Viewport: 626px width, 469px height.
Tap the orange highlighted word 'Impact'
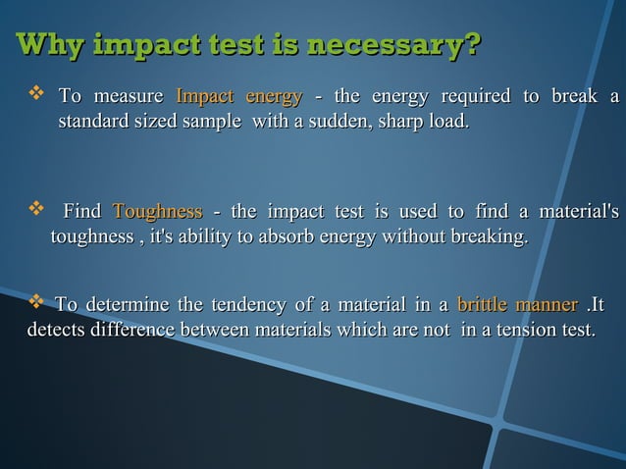click(x=204, y=96)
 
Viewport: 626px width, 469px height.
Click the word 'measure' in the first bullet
click(x=128, y=96)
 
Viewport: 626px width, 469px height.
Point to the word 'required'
click(x=476, y=96)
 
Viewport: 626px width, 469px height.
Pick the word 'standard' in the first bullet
click(x=96, y=124)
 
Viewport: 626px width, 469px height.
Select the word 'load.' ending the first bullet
click(x=445, y=124)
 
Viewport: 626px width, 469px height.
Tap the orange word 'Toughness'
click(x=158, y=211)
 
